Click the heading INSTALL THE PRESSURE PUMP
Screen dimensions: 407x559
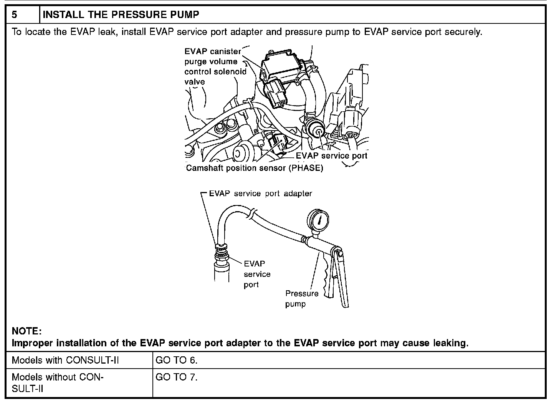point(121,15)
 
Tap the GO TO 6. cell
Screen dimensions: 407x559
point(177,361)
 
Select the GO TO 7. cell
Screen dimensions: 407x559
point(177,377)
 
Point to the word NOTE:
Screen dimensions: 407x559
point(26,331)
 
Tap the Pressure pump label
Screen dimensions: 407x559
point(301,299)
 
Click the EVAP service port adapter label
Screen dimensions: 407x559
point(260,194)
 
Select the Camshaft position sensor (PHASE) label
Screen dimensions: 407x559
point(255,168)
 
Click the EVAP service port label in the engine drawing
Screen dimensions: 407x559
point(331,156)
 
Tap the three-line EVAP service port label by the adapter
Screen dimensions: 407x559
point(256,274)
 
